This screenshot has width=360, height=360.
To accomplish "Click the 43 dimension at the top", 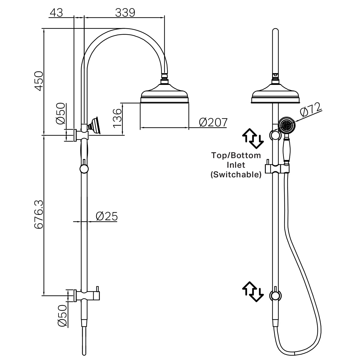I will (x=56, y=13).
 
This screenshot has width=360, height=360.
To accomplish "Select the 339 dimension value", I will (x=125, y=13).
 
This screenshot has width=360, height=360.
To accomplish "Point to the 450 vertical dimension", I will (x=38, y=81).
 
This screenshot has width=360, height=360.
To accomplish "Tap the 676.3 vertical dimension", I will (x=38, y=215).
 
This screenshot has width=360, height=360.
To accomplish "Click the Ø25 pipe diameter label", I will (x=106, y=216).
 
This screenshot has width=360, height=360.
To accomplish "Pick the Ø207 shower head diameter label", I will (x=213, y=122).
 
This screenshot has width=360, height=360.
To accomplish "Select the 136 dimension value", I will (x=117, y=117).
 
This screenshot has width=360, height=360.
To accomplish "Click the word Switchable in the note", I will (x=236, y=175).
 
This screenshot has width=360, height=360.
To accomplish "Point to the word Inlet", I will (x=236, y=165).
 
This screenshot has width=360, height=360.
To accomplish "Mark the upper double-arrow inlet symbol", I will (x=253, y=139).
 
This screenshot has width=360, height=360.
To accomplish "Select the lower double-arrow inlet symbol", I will (x=253, y=291).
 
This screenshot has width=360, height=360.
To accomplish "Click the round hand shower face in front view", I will (x=287, y=125).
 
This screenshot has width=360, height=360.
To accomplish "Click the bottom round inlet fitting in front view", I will (x=275, y=295).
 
